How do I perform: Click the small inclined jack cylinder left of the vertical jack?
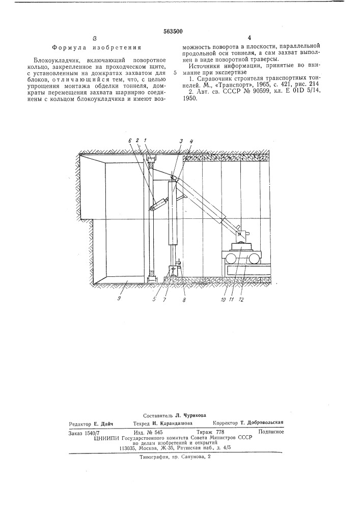[x=159, y=203]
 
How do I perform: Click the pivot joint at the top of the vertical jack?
[x=175, y=178]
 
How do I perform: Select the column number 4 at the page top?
[x=250, y=38]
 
